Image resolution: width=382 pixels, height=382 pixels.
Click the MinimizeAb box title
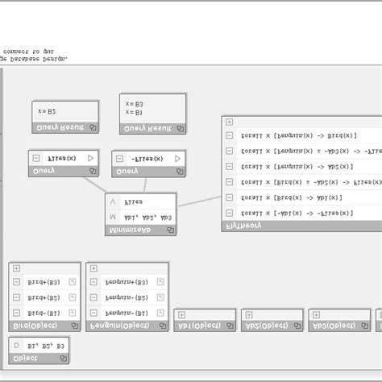point(129,230)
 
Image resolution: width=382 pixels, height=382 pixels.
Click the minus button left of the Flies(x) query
point(36,159)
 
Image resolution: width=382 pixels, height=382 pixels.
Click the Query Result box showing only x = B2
point(65,113)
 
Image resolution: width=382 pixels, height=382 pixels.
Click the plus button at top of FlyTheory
point(230,122)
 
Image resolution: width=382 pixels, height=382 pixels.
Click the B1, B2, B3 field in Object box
point(48,344)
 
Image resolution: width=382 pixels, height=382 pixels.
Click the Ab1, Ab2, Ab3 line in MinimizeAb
point(149,217)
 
